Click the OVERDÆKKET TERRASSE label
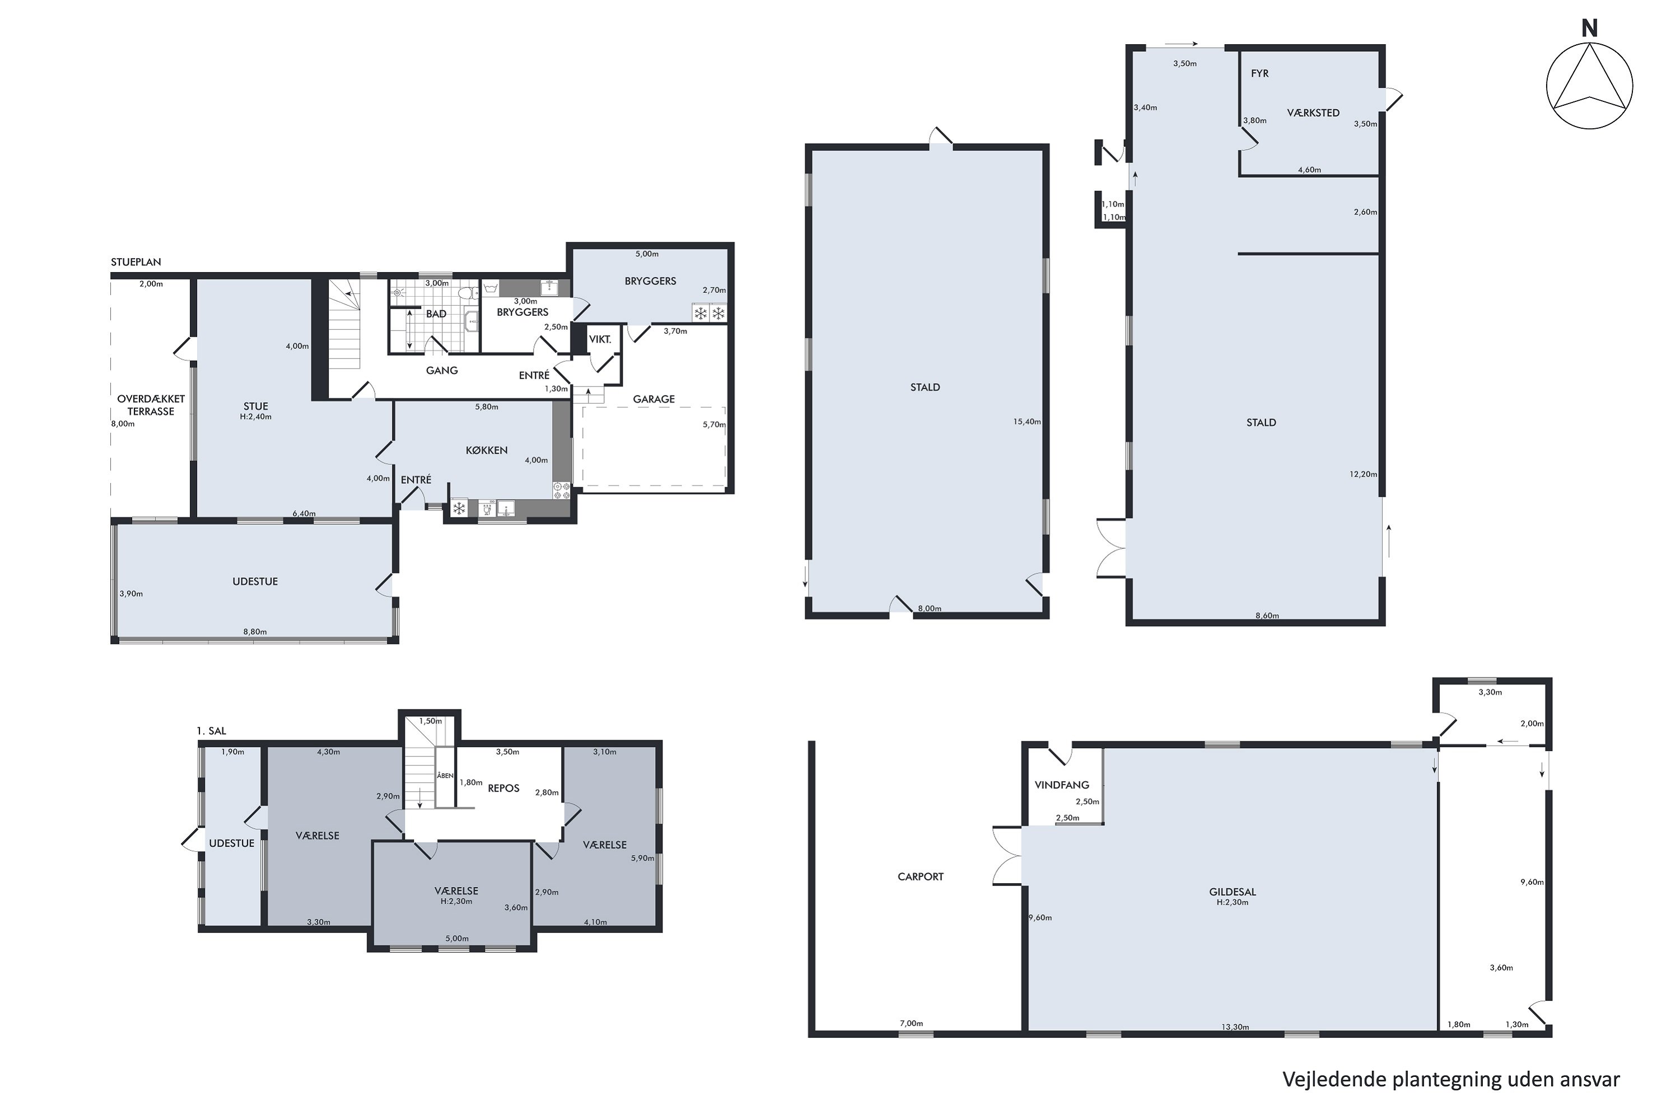151,405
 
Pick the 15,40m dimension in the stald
1026,422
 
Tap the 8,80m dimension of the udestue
255,632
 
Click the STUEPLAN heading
136,262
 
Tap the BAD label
436,314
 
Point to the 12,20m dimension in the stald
1363,474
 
